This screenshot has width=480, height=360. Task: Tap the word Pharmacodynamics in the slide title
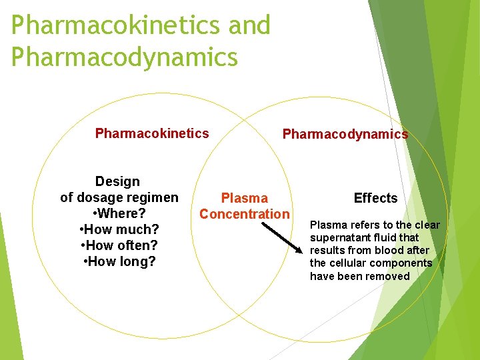pyautogui.click(x=125, y=57)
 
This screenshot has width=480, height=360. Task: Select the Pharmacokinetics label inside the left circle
pyautogui.click(x=152, y=133)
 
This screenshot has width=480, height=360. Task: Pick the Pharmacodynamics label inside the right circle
pyautogui.click(x=345, y=134)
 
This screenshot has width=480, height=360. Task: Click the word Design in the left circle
pyautogui.click(x=118, y=181)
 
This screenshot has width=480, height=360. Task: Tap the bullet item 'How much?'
pyautogui.click(x=119, y=229)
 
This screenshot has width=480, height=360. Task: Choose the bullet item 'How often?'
pyautogui.click(x=119, y=245)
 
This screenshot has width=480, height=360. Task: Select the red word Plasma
pyautogui.click(x=244, y=198)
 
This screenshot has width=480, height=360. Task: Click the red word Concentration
pyautogui.click(x=245, y=214)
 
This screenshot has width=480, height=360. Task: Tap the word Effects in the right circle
pyautogui.click(x=375, y=198)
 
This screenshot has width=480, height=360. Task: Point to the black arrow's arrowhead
pyautogui.click(x=301, y=251)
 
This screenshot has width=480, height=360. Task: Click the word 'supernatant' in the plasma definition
pyautogui.click(x=339, y=237)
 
